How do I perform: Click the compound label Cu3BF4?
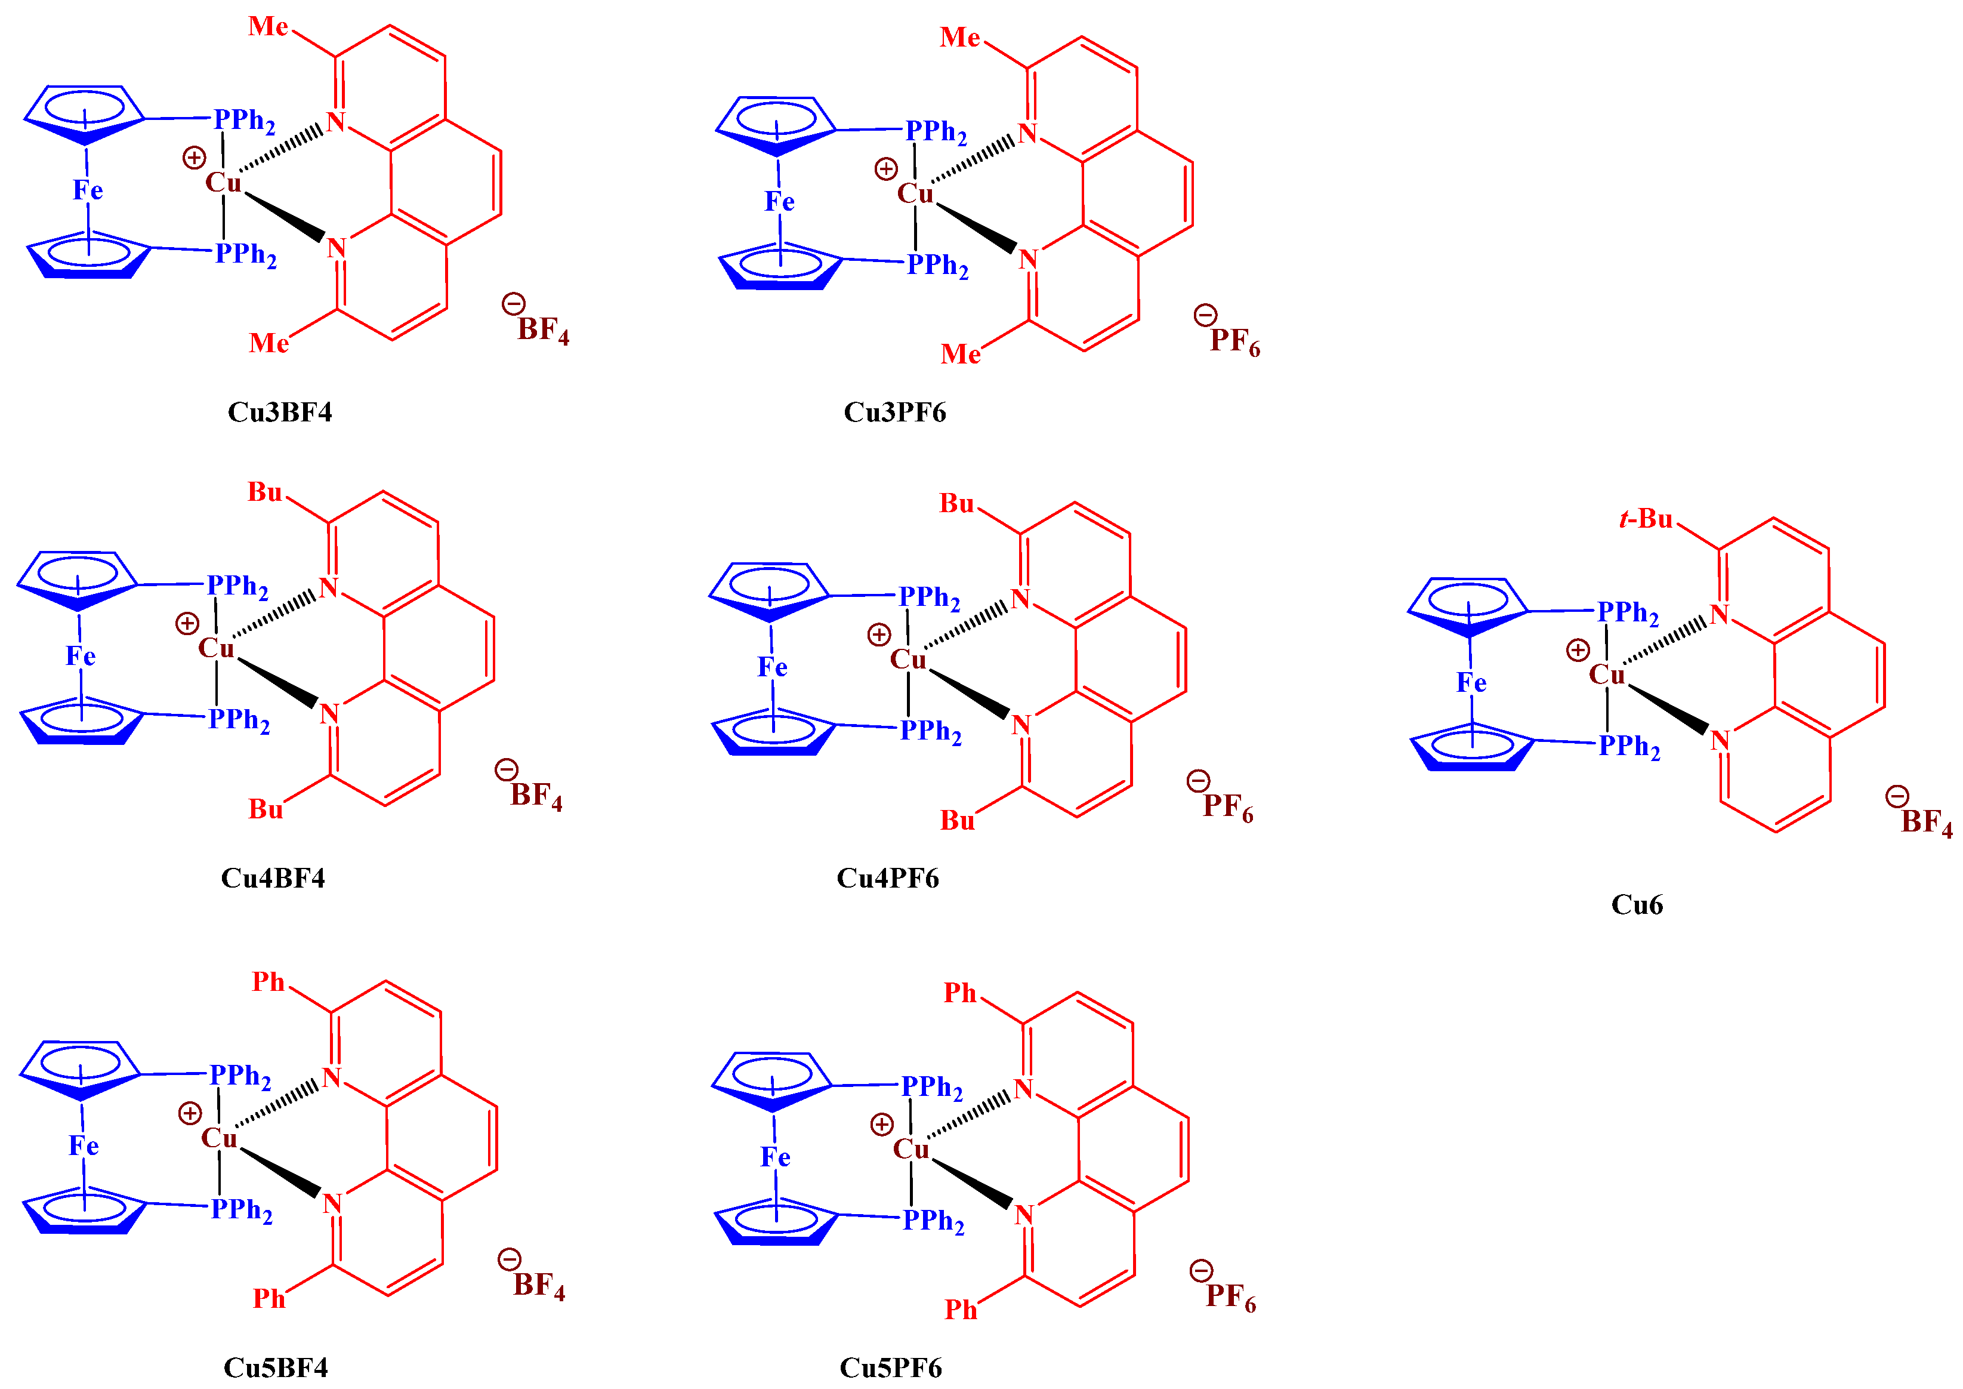280,412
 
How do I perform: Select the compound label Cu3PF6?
894,412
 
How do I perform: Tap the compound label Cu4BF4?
273,879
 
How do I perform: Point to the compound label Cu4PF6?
887,879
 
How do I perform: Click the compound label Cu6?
1637,905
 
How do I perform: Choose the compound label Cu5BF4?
275,1368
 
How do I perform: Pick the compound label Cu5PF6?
890,1368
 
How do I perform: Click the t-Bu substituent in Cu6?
1646,519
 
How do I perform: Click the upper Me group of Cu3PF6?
960,38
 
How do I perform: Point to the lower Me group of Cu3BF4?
268,343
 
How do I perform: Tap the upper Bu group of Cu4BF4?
265,492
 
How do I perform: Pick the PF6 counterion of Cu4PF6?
1228,806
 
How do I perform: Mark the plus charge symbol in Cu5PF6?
881,1124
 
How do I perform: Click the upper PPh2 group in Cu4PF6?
930,598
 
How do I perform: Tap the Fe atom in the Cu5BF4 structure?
84,1146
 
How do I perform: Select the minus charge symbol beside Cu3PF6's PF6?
1205,316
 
